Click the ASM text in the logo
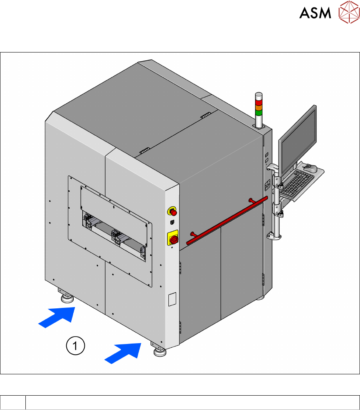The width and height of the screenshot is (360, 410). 315,13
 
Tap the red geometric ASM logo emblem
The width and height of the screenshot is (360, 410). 349,12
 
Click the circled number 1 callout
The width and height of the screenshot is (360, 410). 75,346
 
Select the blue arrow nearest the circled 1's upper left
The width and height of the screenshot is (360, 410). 57,317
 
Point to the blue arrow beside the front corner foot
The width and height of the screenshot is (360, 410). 123,353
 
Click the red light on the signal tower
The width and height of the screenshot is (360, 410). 259,102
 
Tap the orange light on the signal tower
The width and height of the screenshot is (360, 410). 259,107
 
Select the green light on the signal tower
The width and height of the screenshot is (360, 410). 259,113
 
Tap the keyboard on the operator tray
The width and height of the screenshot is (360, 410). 297,183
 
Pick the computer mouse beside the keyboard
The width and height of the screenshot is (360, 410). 310,168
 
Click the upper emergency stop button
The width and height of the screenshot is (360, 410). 173,211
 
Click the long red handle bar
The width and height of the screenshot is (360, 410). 227,221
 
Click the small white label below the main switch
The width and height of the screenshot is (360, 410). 172,299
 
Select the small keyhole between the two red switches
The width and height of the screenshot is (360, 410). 172,222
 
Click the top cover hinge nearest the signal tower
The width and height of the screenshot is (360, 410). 206,115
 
